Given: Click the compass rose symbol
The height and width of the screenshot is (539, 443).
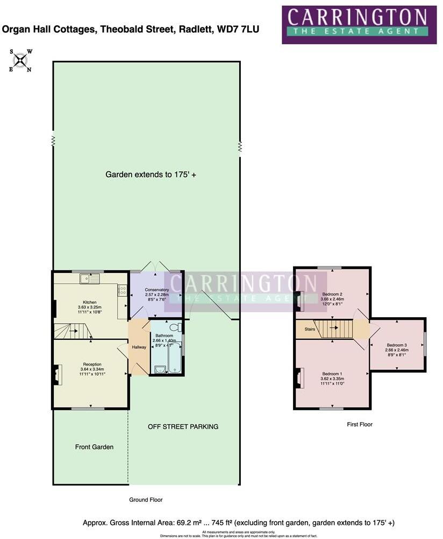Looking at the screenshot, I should click(x=20, y=61).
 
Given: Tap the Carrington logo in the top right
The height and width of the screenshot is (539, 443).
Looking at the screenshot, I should click(x=359, y=24).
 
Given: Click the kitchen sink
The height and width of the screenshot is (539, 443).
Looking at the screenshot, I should click(x=90, y=278).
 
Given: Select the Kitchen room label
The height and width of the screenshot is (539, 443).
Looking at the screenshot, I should click(x=89, y=303).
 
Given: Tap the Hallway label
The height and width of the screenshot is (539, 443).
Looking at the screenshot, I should click(x=139, y=347).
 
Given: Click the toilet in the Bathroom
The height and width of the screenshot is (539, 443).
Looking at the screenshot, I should click(x=175, y=327).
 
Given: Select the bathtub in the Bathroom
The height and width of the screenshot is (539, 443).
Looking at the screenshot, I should click(x=175, y=359).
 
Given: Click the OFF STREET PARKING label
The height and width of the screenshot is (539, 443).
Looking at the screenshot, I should click(x=183, y=427).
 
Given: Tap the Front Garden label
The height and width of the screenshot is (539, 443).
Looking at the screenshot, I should click(x=94, y=447).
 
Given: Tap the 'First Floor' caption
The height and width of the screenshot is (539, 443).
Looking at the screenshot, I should click(x=360, y=424).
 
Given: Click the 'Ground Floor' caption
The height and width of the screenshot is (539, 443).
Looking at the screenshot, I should click(x=146, y=500).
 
